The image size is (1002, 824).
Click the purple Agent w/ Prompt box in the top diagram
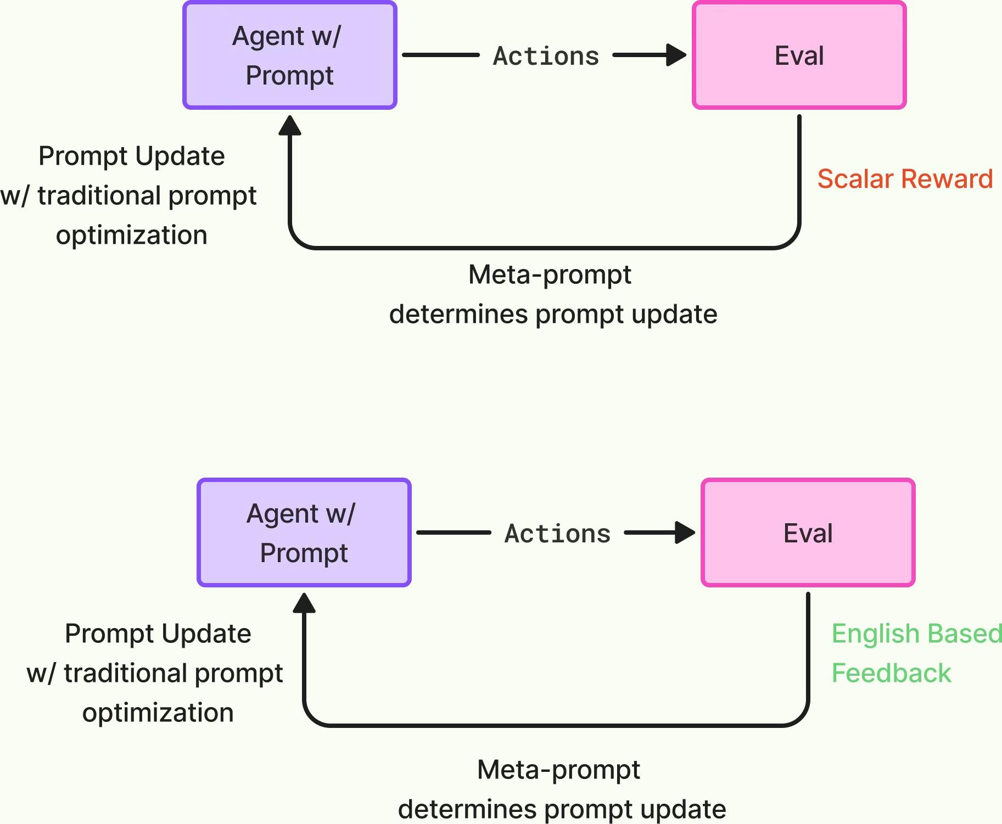click(x=290, y=55)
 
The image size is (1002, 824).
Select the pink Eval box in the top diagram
click(x=799, y=55)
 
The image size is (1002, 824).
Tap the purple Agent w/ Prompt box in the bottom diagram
click(x=304, y=532)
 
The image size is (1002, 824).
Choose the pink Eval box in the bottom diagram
click(x=808, y=532)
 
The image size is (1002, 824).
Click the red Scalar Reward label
click(x=905, y=179)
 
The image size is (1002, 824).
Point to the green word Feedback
click(x=891, y=673)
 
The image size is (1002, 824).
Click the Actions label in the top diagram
click(x=546, y=56)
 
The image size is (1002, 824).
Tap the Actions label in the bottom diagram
click(x=557, y=534)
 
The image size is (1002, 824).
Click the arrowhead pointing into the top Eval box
click(x=676, y=55)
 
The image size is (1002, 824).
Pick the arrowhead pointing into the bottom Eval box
click(x=685, y=532)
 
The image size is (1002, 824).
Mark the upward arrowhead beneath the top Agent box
click(x=290, y=125)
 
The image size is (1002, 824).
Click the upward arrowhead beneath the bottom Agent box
click(x=304, y=603)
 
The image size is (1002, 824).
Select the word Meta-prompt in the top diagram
click(x=550, y=275)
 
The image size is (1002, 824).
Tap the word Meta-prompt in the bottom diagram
click(x=558, y=770)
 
